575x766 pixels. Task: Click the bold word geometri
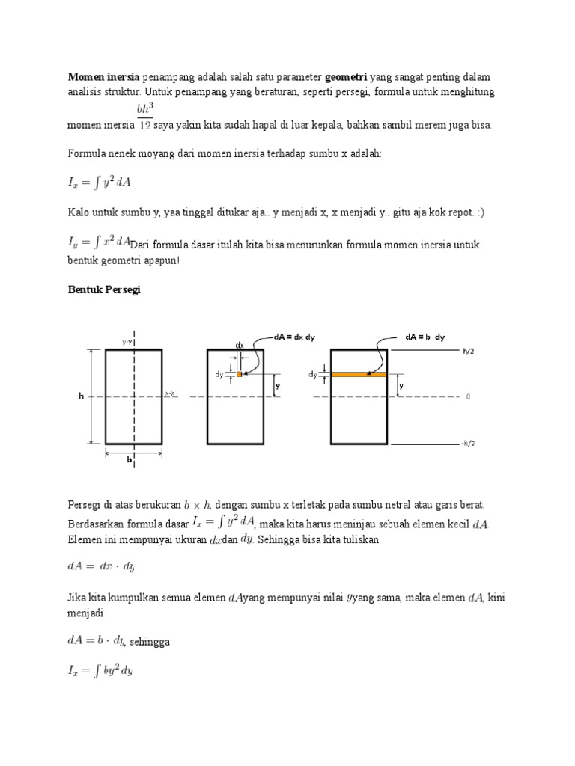[x=352, y=78]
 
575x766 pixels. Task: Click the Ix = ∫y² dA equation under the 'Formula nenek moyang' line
[x=99, y=183]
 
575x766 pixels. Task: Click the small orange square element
[x=239, y=373]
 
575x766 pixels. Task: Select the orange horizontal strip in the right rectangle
[x=359, y=373]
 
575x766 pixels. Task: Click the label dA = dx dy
[x=294, y=337]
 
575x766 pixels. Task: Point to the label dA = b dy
[x=425, y=337]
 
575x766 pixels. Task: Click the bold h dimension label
[x=81, y=397]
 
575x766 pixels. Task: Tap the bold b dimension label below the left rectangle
[x=128, y=462]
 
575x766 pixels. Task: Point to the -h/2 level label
[x=468, y=444]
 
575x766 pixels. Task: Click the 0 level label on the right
[x=468, y=397]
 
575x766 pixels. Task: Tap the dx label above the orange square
[x=239, y=346]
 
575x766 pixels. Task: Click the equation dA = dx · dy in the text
[x=102, y=567]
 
